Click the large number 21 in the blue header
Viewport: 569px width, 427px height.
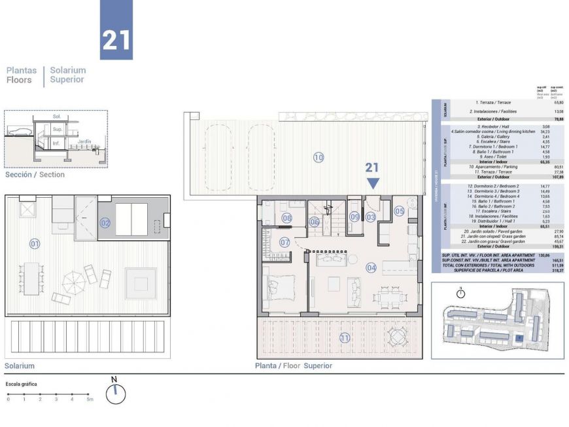tap(116, 40)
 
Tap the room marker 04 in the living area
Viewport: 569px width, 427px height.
tap(371, 267)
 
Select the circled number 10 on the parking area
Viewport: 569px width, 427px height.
tap(319, 157)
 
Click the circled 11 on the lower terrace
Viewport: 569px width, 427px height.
tap(344, 338)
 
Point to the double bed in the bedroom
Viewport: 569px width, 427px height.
tap(282, 288)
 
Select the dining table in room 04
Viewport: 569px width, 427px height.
tap(391, 297)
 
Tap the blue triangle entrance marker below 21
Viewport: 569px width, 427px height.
tap(372, 184)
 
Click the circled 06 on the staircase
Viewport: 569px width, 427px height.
tap(315, 222)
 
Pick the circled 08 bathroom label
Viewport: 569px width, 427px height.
tap(286, 217)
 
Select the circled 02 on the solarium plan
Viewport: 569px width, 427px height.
tap(105, 223)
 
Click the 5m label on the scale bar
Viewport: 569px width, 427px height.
tap(90, 399)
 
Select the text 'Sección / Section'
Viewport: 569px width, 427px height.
tap(35, 175)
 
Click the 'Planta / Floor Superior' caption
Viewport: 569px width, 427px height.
tap(294, 366)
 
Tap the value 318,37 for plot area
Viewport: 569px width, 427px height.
tap(557, 270)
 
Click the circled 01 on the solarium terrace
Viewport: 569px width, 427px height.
tap(35, 244)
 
